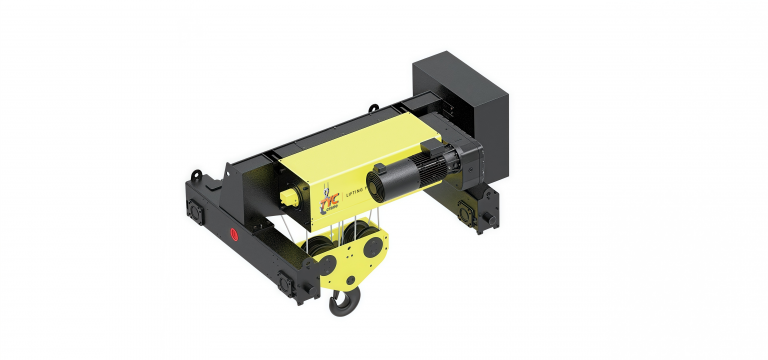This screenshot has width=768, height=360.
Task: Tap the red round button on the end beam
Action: point(234,236)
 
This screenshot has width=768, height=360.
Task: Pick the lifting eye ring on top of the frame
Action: point(371,107)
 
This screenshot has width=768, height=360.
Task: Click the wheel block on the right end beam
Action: point(466,211)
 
